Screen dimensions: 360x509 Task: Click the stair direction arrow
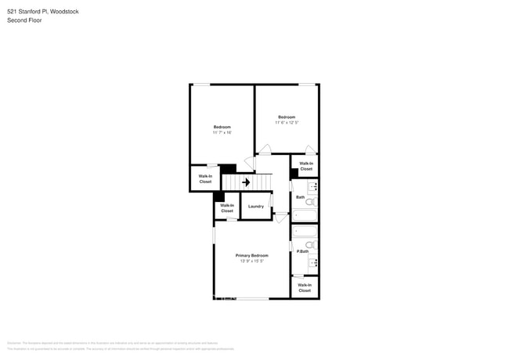click(x=246, y=182)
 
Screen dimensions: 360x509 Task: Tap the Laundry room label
click(x=256, y=207)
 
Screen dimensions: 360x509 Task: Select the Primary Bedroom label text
click(x=252, y=256)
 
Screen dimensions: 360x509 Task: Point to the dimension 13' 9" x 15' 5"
click(x=252, y=261)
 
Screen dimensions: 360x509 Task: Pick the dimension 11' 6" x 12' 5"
click(x=287, y=123)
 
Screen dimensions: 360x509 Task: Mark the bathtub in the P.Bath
click(x=304, y=232)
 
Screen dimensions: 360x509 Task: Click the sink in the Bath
click(x=312, y=187)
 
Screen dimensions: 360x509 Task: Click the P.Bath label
click(x=302, y=251)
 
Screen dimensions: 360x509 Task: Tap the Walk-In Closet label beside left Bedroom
click(x=205, y=179)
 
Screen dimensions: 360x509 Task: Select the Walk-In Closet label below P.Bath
click(x=305, y=288)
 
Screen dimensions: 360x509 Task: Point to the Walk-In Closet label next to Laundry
click(x=227, y=208)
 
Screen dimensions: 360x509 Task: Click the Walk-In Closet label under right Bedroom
click(x=306, y=166)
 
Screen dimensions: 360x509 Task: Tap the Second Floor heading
click(x=24, y=20)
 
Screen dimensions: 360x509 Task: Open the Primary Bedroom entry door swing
click(x=280, y=218)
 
